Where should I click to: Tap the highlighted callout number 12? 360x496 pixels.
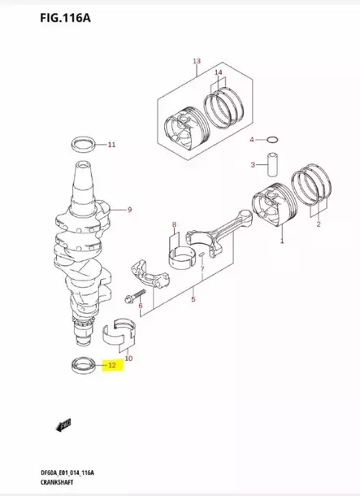click(112, 366)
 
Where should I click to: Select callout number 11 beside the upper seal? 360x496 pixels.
click(112, 146)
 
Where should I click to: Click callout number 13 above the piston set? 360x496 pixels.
click(196, 62)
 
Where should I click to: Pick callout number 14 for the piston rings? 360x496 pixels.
click(218, 74)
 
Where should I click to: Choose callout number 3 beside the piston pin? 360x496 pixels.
click(253, 166)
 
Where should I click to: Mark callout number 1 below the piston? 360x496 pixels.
click(282, 241)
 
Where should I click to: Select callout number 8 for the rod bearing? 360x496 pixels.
click(174, 224)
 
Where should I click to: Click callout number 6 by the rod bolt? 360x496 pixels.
click(141, 307)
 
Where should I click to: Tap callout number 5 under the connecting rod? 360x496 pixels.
click(193, 300)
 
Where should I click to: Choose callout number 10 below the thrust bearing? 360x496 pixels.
click(129, 358)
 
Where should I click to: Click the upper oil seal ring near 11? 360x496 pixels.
click(81, 146)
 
